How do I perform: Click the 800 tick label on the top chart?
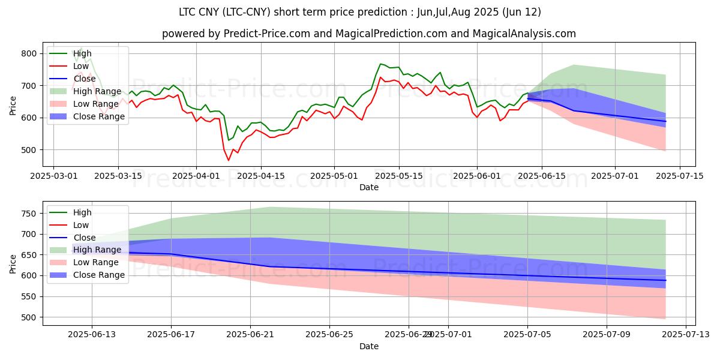pos(31,54)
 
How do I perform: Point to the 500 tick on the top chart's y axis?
pos(31,150)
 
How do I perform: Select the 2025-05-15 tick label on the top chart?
pos(400,175)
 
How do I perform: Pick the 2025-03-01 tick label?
pos(53,175)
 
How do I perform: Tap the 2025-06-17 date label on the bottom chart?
pos(171,334)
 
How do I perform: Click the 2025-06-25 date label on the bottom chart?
pos(330,334)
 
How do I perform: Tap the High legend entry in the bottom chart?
pos(82,212)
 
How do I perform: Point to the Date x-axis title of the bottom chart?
pos(369,346)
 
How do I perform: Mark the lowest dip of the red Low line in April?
pos(229,160)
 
